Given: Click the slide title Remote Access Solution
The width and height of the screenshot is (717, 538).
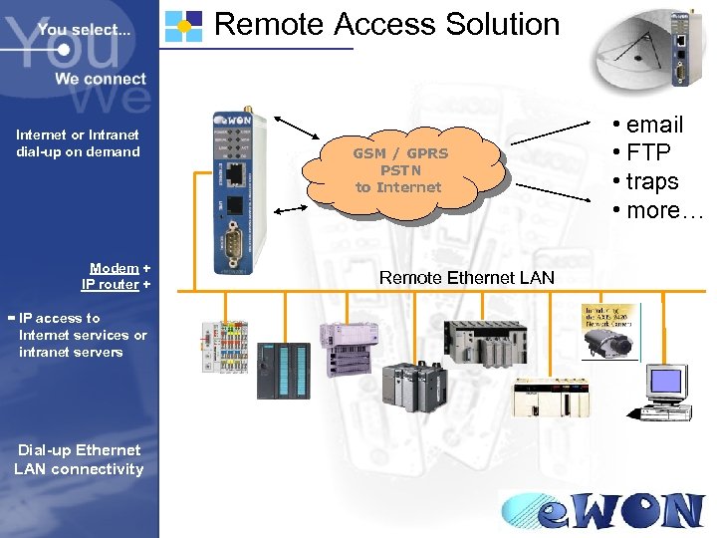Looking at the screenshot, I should pyautogui.click(x=386, y=24).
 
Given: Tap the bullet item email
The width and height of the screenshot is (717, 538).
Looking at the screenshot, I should pyautogui.click(x=654, y=125).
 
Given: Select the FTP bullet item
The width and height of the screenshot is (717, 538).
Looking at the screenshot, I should pyautogui.click(x=647, y=152).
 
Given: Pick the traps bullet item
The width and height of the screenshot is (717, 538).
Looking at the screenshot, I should pyautogui.click(x=652, y=181).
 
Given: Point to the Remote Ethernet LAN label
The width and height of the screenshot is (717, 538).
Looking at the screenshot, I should pyautogui.click(x=466, y=277).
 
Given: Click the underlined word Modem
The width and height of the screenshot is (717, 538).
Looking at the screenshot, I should pyautogui.click(x=114, y=268).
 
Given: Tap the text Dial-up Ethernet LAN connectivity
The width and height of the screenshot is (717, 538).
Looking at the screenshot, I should pyautogui.click(x=79, y=459).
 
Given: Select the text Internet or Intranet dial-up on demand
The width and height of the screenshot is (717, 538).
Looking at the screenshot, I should pyautogui.click(x=78, y=142).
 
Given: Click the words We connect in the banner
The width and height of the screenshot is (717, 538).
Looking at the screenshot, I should pyautogui.click(x=100, y=79).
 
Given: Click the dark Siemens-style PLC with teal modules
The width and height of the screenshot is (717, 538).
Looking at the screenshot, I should pyautogui.click(x=284, y=370).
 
